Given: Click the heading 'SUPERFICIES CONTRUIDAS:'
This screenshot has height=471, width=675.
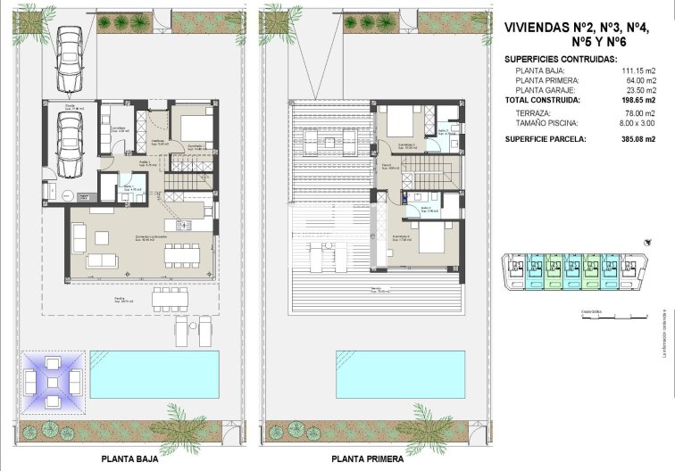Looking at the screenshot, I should pyautogui.click(x=561, y=58).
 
